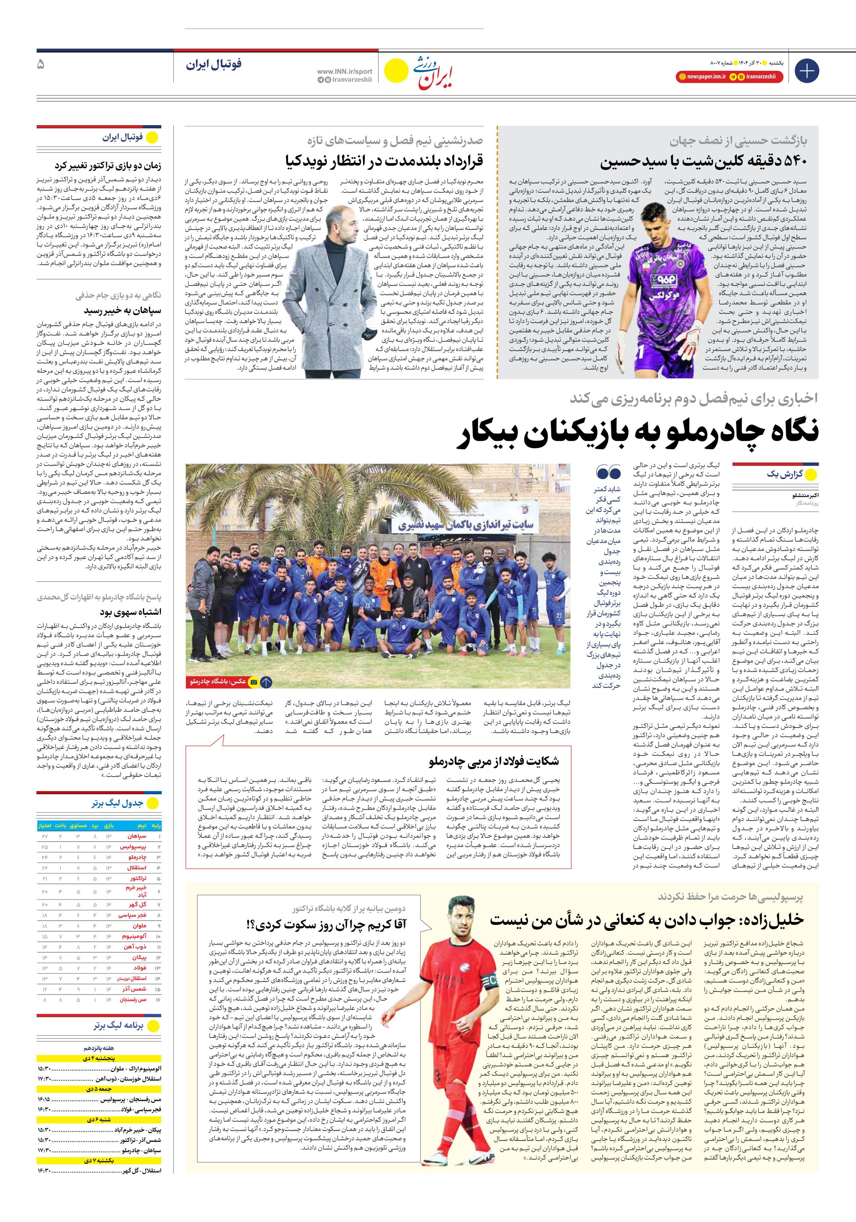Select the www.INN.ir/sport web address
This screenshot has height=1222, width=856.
pyautogui.click(x=344, y=71)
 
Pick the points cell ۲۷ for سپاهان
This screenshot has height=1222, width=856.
pyautogui.click(x=45, y=836)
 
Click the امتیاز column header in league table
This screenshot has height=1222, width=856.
pyautogui.click(x=45, y=825)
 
